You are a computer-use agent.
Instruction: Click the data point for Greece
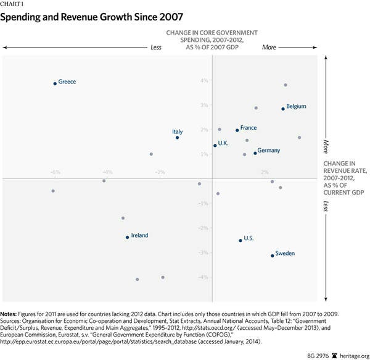55,83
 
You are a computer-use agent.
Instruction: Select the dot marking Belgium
283,109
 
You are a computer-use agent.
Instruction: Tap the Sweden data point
273,256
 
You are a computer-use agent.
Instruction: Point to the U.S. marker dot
240,240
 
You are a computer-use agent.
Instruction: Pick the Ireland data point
128,237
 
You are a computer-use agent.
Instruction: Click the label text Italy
178,132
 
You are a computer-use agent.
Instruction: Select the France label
249,128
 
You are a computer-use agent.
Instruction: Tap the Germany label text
269,151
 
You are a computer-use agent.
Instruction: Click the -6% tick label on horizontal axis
55,172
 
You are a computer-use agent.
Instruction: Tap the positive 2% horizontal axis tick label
265,172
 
